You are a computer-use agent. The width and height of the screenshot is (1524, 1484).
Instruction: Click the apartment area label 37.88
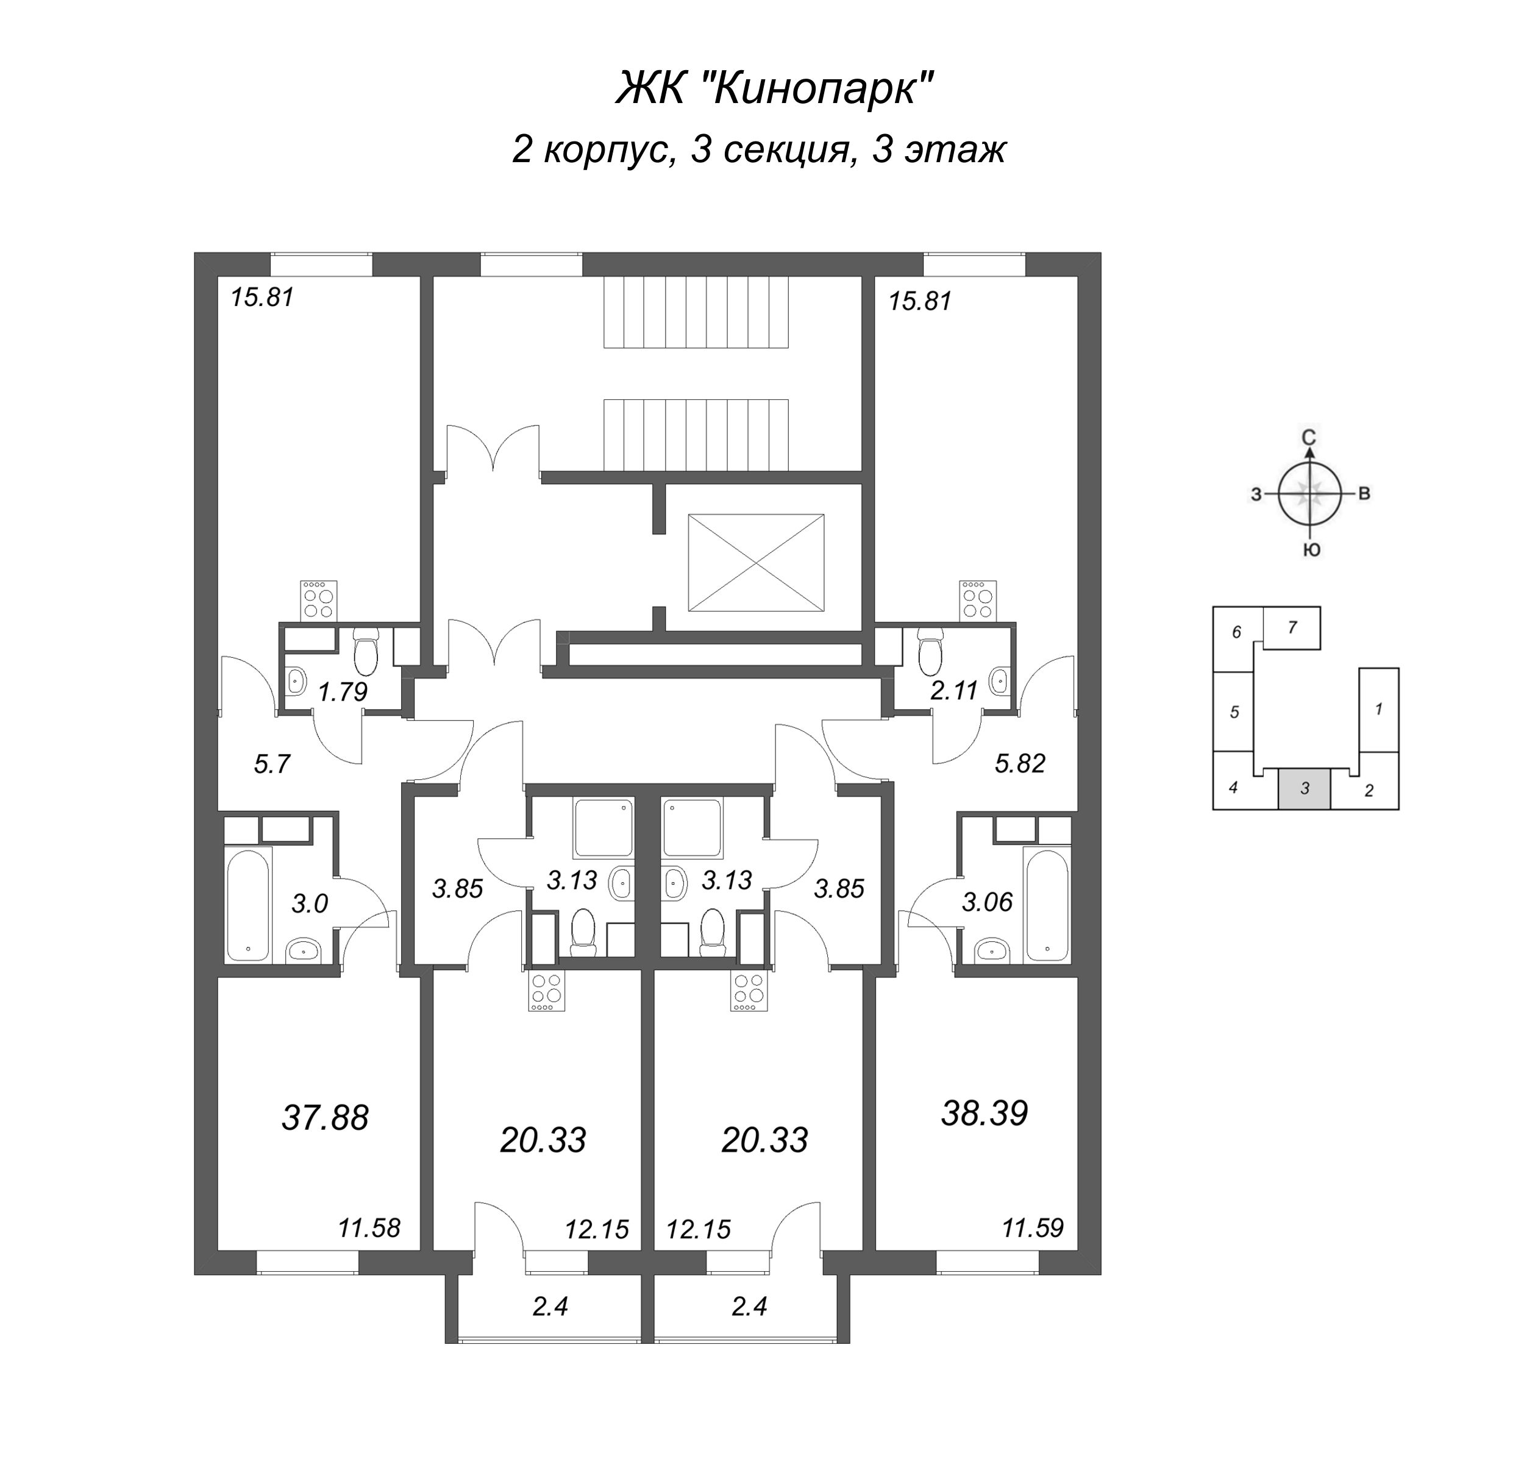(325, 1118)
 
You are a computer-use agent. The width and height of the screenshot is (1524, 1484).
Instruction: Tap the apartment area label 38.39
(985, 1113)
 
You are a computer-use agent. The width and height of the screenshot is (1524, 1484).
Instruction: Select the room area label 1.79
(343, 691)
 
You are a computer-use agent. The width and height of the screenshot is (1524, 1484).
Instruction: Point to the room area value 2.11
(955, 690)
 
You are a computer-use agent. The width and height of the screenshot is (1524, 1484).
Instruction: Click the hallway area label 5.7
(272, 764)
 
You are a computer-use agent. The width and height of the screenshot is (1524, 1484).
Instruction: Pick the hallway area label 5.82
(1020, 763)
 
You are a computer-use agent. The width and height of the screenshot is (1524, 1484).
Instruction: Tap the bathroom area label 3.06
(987, 902)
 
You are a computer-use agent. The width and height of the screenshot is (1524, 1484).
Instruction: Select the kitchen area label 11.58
(369, 1229)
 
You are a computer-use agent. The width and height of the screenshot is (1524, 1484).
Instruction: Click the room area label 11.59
(1033, 1229)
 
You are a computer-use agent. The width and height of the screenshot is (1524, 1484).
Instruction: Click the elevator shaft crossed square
(756, 563)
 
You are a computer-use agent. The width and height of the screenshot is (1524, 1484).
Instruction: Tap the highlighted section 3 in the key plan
(1305, 788)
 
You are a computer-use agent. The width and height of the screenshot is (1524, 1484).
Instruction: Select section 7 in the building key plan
(1292, 627)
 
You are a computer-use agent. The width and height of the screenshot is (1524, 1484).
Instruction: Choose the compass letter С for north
(1310, 437)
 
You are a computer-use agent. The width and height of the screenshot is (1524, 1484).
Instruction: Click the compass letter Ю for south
(1311, 551)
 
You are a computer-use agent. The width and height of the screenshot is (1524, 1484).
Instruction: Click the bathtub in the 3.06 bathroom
(1048, 905)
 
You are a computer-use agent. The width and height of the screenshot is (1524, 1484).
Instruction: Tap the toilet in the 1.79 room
(365, 652)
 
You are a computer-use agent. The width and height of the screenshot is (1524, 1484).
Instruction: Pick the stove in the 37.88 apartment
(319, 600)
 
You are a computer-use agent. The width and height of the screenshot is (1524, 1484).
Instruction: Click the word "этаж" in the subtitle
(955, 149)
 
